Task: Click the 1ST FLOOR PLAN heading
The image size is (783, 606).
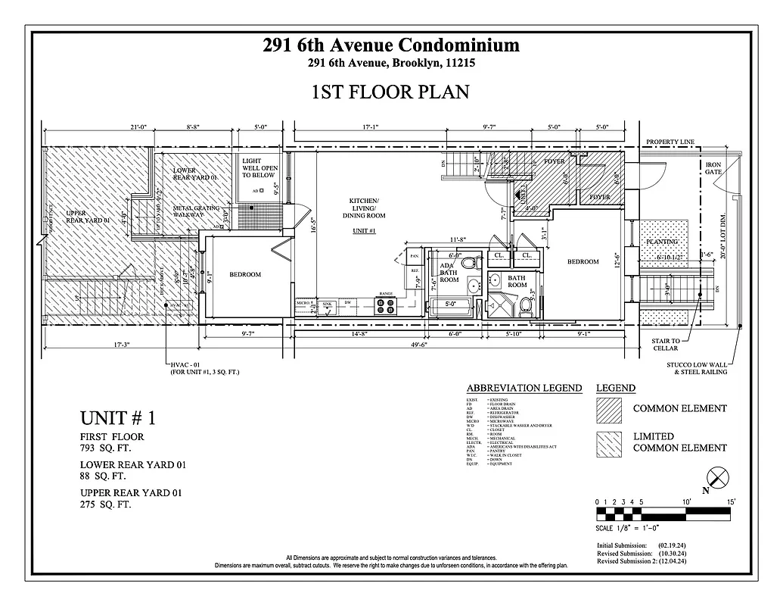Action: pos(390,92)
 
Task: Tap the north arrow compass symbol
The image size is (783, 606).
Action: pos(718,478)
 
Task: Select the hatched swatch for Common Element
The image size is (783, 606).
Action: pos(607,409)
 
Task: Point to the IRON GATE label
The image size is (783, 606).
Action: pos(713,168)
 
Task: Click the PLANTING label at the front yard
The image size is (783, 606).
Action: pos(662,242)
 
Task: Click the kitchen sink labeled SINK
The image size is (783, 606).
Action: pos(328,307)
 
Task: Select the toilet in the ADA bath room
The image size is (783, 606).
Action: pos(468,264)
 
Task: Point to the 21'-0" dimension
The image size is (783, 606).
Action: pos(138,128)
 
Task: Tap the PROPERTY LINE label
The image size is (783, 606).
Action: pos(670,142)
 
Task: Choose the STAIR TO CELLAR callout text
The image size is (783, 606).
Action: pos(666,345)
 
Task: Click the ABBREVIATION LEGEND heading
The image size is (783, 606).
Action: pos(524,388)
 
